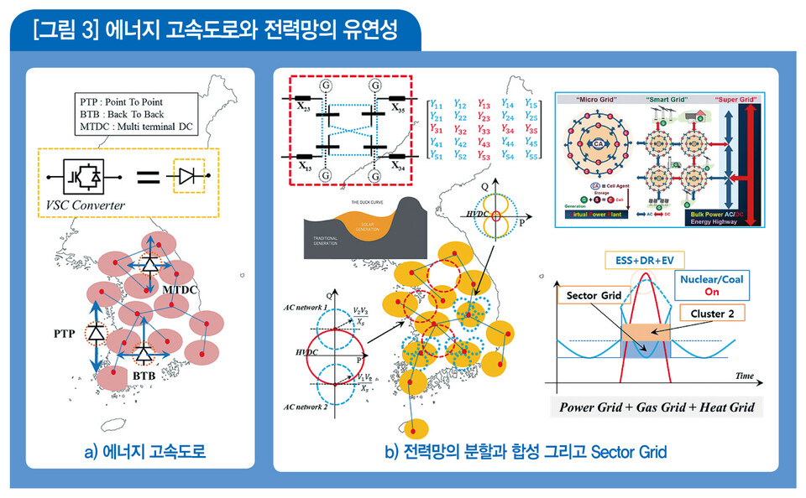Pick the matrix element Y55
pyautogui.click(x=530, y=156)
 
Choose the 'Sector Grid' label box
pyautogui.click(x=594, y=296)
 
